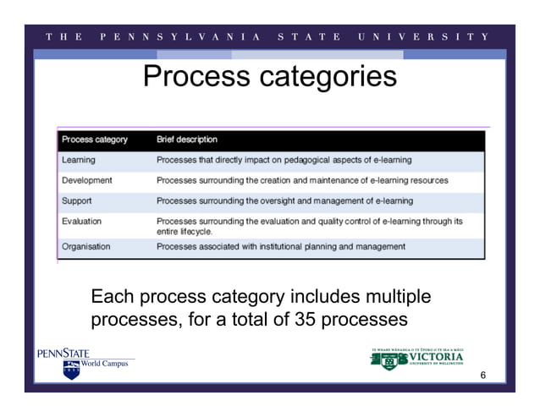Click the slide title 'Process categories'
click(269, 78)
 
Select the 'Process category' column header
click(95, 140)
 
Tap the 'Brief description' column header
click(187, 140)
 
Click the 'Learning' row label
click(79, 160)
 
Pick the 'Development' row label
click(87, 180)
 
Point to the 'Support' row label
click(77, 201)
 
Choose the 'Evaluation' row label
click(82, 222)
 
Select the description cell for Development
click(302, 180)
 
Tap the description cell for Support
click(284, 201)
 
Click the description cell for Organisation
click(280, 247)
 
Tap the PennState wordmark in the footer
click(63, 353)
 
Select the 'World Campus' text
click(104, 365)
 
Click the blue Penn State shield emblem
click(71, 370)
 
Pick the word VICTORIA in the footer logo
click(436, 356)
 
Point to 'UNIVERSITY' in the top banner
click(423, 36)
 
